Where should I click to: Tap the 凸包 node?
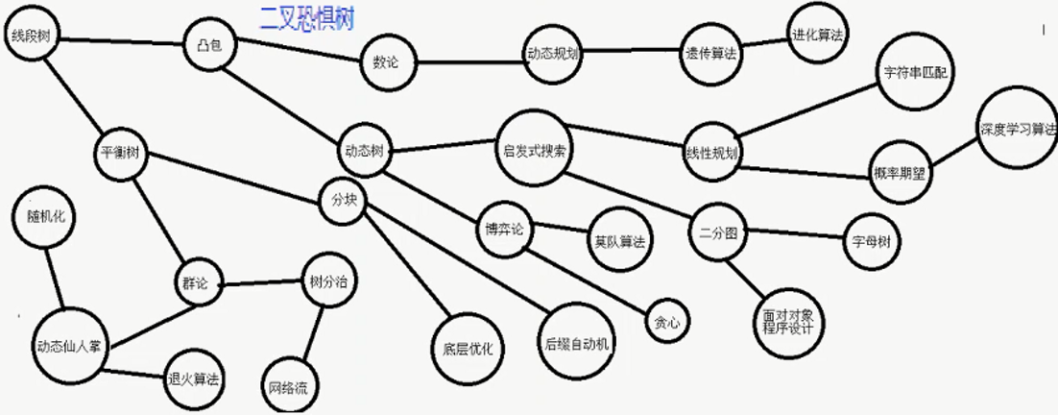click(x=208, y=44)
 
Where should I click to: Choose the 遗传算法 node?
click(x=710, y=54)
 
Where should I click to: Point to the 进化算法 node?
click(x=817, y=35)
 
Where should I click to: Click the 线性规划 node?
click(x=711, y=154)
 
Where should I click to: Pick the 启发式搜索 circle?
click(x=534, y=151)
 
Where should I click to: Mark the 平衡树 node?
click(x=120, y=153)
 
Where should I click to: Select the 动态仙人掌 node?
click(x=68, y=347)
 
